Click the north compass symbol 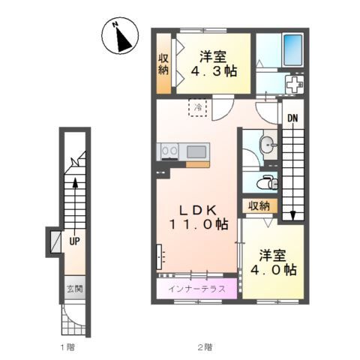pos(120,35)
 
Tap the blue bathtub pos(293,50)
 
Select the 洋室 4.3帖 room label pos(214,64)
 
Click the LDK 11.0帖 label pos(199,217)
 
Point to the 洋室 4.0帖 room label pos(274,262)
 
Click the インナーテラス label pos(196,289)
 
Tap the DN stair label pos(292,118)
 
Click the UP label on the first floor pos(74,241)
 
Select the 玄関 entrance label pos(74,289)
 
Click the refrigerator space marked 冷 pos(197,108)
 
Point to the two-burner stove pos(169,151)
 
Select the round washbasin pos(268,145)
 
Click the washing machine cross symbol pos(295,85)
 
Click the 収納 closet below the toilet pos(259,206)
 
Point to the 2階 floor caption pos(205,347)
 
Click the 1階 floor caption pos(67,347)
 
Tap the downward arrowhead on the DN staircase pos(292,215)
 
